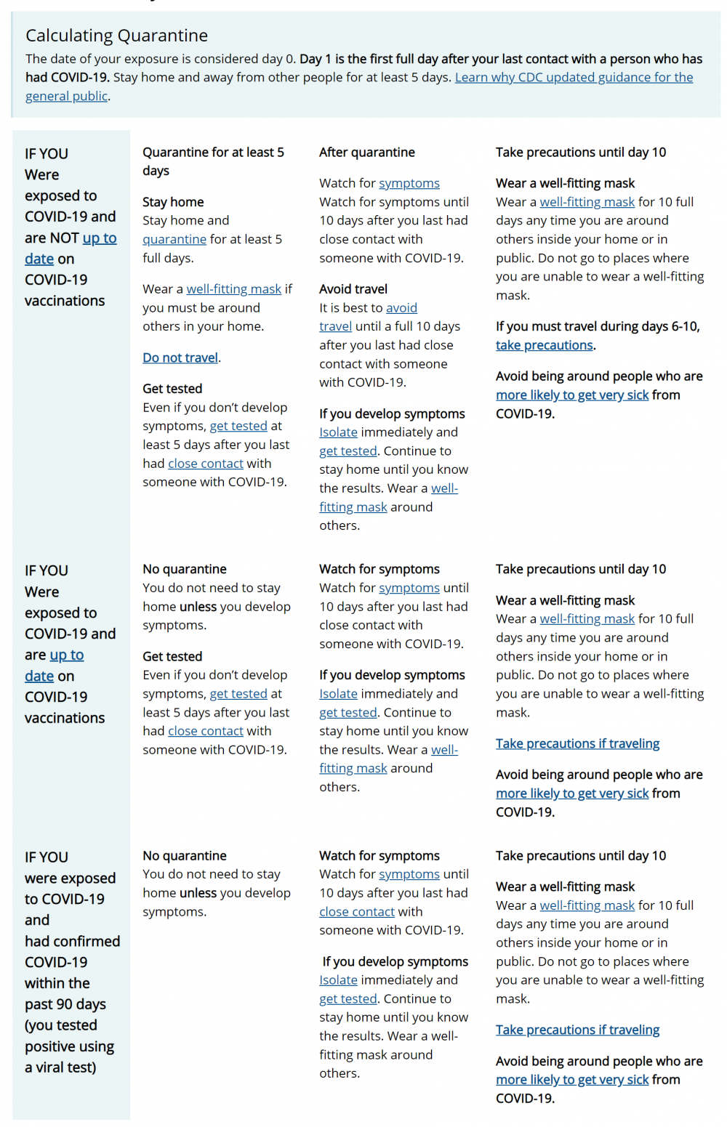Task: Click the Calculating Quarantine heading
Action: pyautogui.click(x=116, y=36)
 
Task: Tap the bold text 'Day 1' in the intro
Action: pyautogui.click(x=315, y=59)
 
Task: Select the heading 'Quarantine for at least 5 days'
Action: pyautogui.click(x=213, y=161)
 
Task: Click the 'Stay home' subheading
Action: pyautogui.click(x=173, y=202)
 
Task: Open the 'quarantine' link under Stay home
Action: pyautogui.click(x=174, y=239)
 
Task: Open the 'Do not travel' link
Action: pyautogui.click(x=180, y=358)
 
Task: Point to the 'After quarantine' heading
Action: pyautogui.click(x=367, y=152)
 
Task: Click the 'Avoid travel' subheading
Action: pyautogui.click(x=353, y=289)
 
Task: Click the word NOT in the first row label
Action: pyautogui.click(x=64, y=238)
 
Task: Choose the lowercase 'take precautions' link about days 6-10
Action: pyautogui.click(x=545, y=345)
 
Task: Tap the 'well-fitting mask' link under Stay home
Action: pyautogui.click(x=233, y=289)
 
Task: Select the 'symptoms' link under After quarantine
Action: pyautogui.click(x=409, y=183)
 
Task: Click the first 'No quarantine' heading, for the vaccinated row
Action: pyautogui.click(x=185, y=569)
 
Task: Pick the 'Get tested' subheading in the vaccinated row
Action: pyautogui.click(x=172, y=656)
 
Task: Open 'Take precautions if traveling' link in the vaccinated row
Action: pyautogui.click(x=577, y=743)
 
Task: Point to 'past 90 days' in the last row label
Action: pyautogui.click(x=65, y=1004)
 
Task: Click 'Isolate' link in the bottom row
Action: pyautogui.click(x=338, y=980)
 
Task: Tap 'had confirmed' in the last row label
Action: pyautogui.click(x=72, y=941)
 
